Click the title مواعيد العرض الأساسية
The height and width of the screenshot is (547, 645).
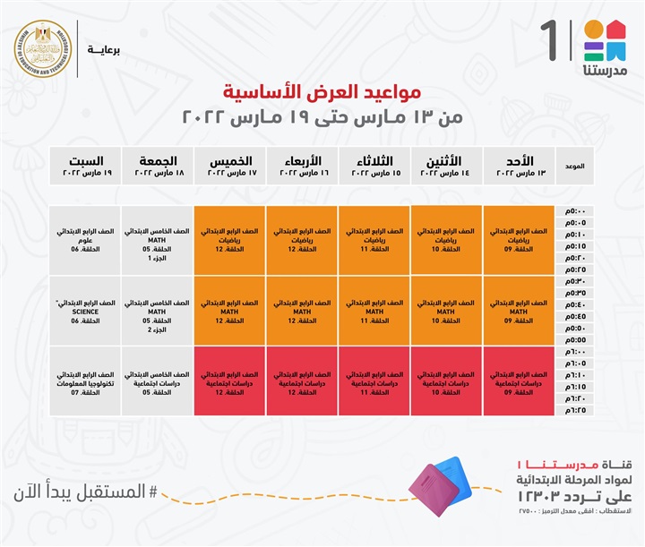tap(322, 91)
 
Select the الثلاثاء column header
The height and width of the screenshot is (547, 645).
tap(374, 166)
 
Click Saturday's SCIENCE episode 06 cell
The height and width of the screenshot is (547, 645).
tap(85, 312)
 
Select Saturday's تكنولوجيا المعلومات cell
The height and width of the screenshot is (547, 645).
tap(85, 381)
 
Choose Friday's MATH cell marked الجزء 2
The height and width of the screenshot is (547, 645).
tap(158, 312)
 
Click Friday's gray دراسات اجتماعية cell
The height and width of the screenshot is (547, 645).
tap(158, 381)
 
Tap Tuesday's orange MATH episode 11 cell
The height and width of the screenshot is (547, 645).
tap(374, 312)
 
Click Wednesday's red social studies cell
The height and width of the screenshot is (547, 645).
tap(302, 381)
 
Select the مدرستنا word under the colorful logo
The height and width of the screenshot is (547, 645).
tap(605, 70)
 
